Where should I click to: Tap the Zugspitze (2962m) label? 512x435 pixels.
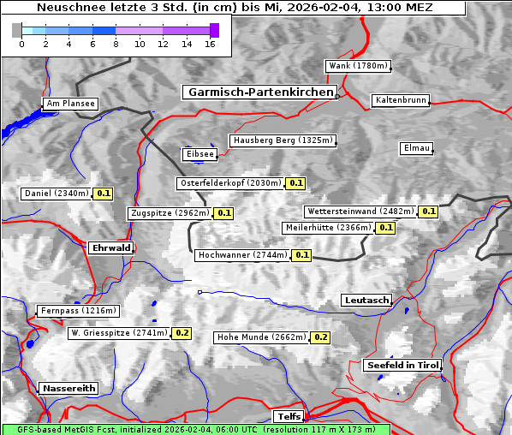(169, 213)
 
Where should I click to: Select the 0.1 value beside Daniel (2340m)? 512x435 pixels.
(104, 194)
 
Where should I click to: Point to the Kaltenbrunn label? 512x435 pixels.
(399, 100)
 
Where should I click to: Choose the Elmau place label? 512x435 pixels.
(415, 148)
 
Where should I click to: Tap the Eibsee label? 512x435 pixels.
(199, 154)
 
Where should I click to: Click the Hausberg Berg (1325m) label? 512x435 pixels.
(282, 140)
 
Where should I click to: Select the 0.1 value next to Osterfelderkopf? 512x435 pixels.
(296, 183)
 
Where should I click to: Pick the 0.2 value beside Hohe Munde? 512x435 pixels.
(320, 337)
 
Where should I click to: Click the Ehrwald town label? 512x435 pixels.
(110, 248)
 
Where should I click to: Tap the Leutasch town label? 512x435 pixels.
(366, 301)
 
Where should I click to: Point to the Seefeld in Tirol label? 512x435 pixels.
(402, 366)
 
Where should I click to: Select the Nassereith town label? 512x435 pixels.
(68, 388)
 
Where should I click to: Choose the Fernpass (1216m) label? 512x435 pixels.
(77, 311)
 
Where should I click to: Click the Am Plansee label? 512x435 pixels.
(69, 104)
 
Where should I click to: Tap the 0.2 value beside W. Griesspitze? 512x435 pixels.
(182, 333)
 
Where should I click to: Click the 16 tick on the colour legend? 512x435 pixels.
(209, 43)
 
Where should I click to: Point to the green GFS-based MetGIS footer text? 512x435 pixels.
(196, 429)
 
